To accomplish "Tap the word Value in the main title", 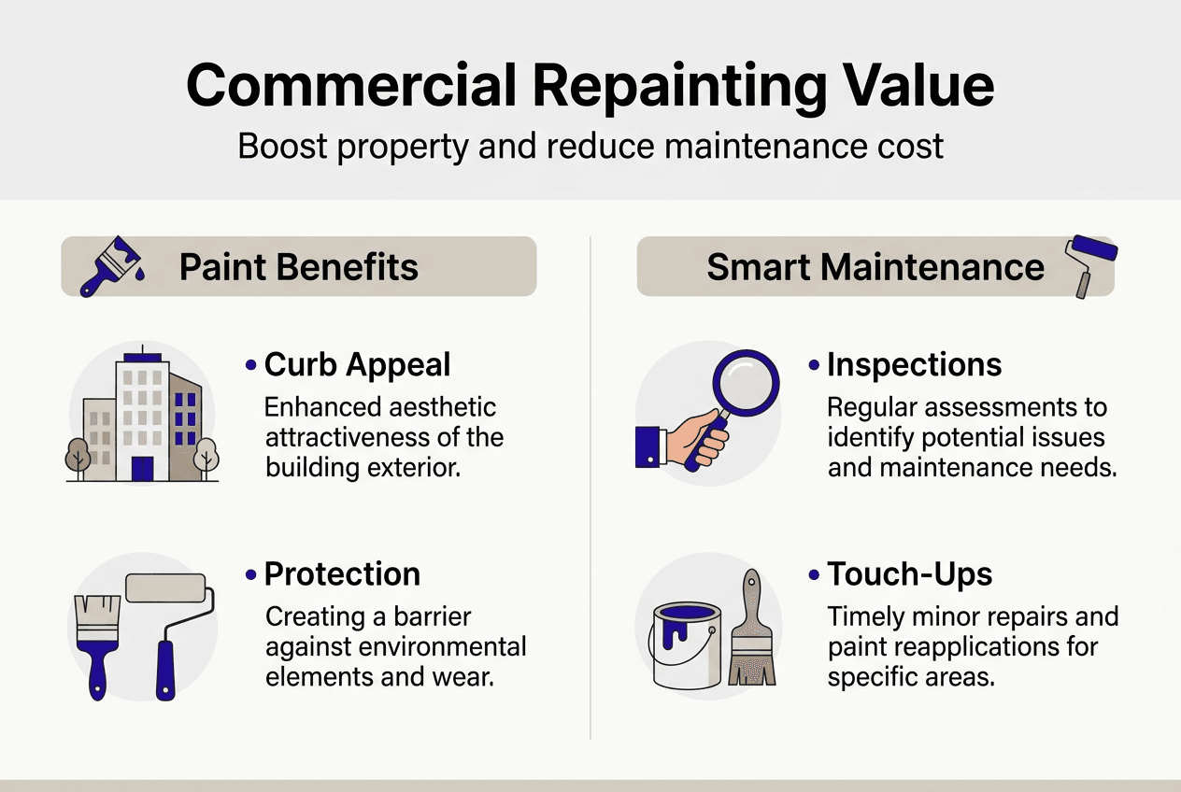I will click(914, 86).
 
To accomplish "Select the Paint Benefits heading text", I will click(298, 267).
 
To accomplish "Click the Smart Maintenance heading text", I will click(875, 267).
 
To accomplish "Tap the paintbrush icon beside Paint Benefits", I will click(109, 265).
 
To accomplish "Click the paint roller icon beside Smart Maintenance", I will click(1089, 262).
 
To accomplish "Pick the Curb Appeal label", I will click(357, 365).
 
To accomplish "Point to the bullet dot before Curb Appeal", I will click(250, 365).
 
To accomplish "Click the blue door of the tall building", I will click(142, 469).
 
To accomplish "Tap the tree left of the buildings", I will click(78, 455).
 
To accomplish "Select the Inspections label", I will click(914, 365).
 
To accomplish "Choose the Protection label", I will click(342, 574).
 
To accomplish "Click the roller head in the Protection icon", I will click(165, 587).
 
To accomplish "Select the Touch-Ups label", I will click(909, 574).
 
